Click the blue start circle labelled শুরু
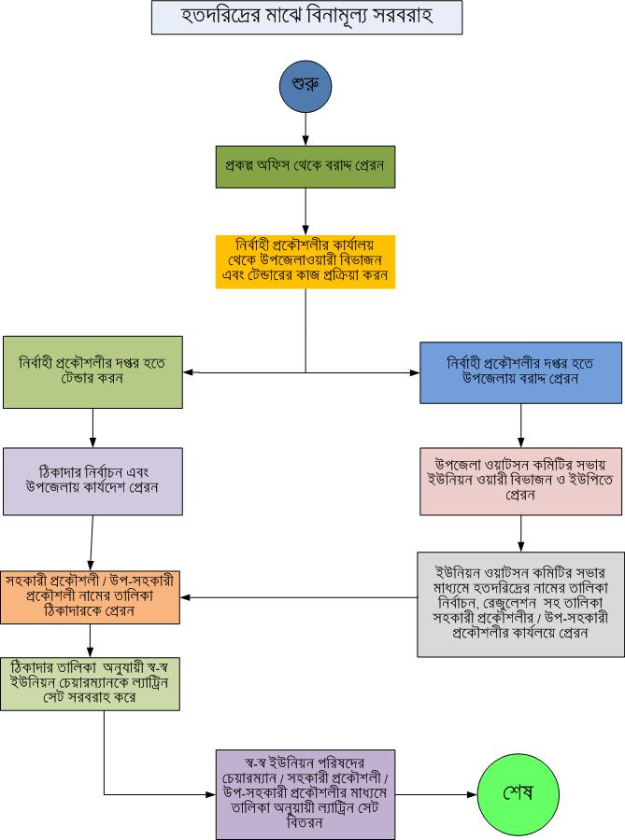pos(305,87)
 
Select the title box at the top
pos(306,17)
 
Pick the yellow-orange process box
pos(305,261)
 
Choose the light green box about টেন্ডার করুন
pos(92,371)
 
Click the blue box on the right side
pos(520,371)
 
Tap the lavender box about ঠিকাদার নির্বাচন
pos(92,481)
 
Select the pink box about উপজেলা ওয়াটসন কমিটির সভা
pos(520,480)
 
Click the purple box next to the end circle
pos(305,793)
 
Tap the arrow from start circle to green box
pos(305,129)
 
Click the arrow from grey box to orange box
pos(299,597)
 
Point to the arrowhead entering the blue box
pos(414,372)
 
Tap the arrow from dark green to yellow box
pos(305,210)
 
